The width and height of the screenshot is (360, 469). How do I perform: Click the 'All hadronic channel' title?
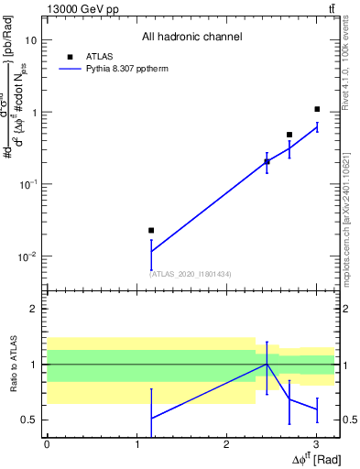[191, 38]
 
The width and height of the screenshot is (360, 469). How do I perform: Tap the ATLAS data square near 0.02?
[151, 230]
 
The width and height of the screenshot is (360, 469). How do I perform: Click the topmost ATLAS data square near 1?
[317, 109]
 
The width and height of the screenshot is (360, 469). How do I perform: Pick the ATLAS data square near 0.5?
[289, 135]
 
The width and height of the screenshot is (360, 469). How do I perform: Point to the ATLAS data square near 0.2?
[267, 161]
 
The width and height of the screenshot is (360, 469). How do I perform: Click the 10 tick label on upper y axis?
[31, 40]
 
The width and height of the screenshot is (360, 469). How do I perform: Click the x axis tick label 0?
[47, 442]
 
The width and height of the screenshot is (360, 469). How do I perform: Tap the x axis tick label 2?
[226, 442]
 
